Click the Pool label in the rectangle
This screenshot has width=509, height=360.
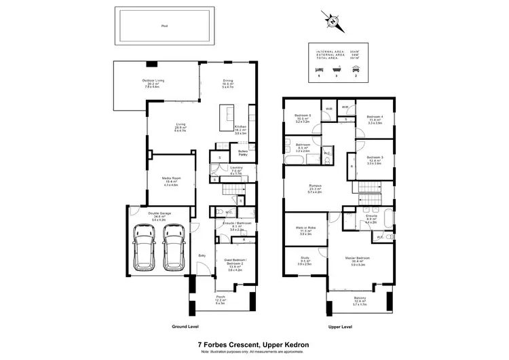[164, 26]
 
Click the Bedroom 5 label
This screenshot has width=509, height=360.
[303, 115]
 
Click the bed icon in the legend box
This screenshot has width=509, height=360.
[320, 70]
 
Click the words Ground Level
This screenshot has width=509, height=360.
[184, 326]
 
